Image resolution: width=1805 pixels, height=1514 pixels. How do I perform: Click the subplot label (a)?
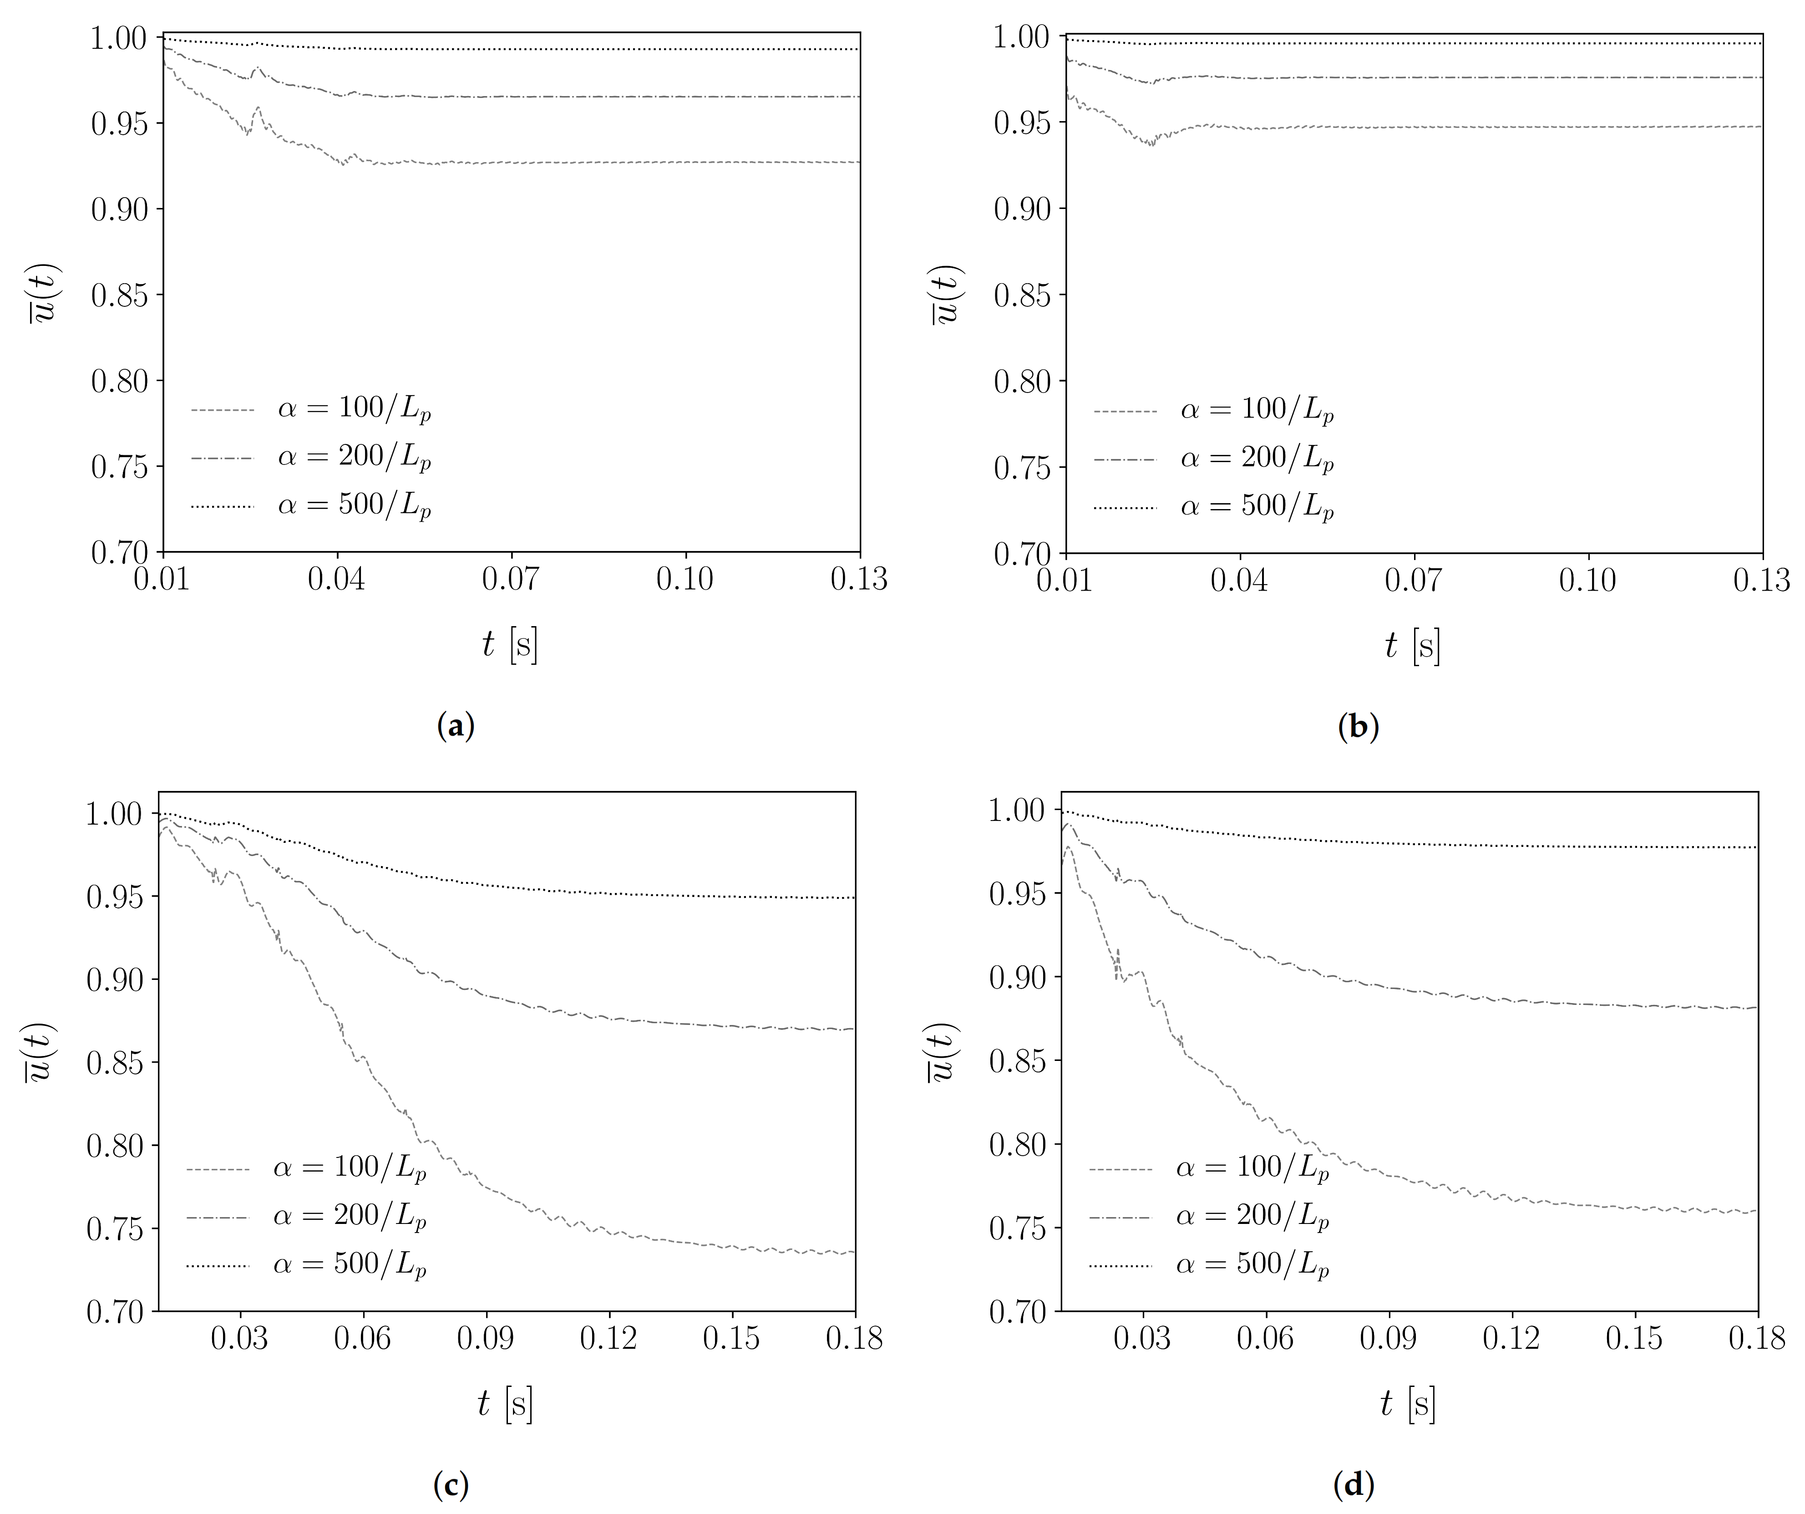[456, 726]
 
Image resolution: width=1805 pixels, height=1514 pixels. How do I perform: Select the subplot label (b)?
[1358, 726]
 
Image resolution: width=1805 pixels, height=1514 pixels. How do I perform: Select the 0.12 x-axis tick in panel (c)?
[608, 1339]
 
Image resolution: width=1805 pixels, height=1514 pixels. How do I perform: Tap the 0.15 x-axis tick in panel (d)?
[1634, 1339]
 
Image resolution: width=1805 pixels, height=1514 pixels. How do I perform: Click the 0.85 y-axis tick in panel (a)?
[120, 295]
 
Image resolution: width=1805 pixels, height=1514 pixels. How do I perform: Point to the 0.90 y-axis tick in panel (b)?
[1023, 209]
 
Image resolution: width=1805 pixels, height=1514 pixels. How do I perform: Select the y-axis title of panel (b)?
[945, 295]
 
